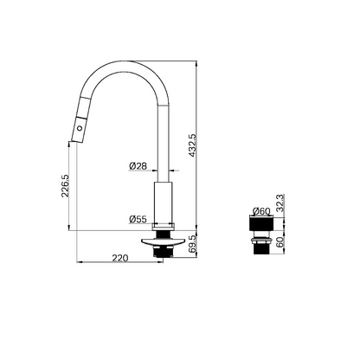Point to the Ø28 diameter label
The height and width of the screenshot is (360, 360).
[x=136, y=166]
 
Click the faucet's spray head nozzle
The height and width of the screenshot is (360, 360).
[x=74, y=138]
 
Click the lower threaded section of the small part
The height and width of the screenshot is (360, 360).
[x=260, y=251]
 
